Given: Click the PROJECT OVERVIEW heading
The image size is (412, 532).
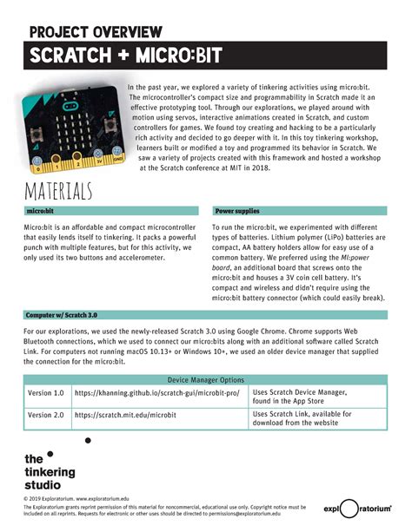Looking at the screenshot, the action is (x=96, y=32).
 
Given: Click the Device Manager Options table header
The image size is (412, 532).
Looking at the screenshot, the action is (x=205, y=380).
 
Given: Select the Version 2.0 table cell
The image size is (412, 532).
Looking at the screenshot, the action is (x=46, y=415).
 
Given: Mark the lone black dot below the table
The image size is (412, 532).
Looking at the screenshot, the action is (x=88, y=441).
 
